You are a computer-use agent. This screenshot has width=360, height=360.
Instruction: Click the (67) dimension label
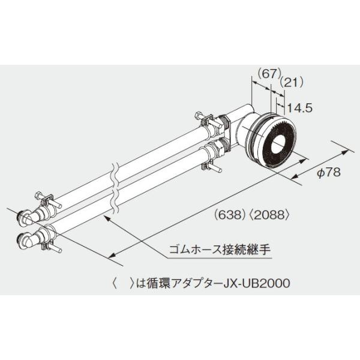tap(269, 74)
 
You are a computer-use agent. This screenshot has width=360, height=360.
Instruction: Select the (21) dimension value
tap(292, 82)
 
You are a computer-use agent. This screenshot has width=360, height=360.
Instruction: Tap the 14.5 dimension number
tap(300, 107)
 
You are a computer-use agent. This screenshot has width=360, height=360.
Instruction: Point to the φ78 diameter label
tap(329, 172)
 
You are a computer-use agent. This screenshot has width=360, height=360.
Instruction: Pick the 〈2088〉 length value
tap(269, 215)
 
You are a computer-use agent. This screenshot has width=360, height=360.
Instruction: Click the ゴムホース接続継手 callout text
tap(220, 250)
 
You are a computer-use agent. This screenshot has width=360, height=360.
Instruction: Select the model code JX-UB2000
tap(256, 283)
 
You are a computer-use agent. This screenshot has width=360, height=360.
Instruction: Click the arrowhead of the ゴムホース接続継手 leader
tap(107, 217)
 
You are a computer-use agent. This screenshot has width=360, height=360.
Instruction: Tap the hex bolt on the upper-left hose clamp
tap(38, 196)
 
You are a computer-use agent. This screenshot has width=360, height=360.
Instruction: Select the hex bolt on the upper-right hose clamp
tap(198, 115)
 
